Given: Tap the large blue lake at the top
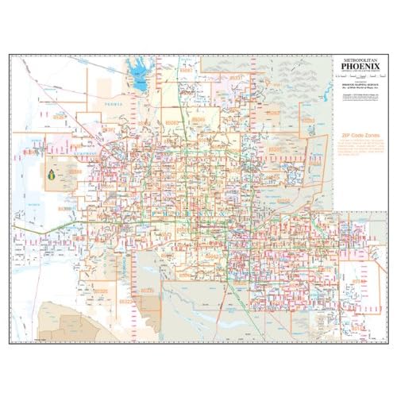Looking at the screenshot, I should [x=141, y=81].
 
